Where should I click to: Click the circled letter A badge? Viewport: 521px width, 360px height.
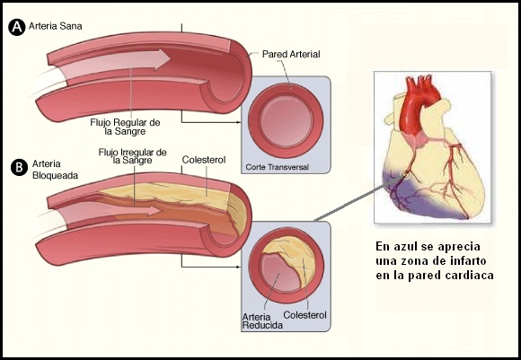click(16, 27)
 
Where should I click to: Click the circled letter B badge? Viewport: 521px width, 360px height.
click(19, 167)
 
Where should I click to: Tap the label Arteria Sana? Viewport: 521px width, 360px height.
click(55, 26)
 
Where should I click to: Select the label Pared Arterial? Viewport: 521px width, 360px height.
click(291, 54)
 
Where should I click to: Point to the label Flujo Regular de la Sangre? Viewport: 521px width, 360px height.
click(125, 127)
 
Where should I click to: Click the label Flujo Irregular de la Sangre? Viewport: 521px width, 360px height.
click(133, 156)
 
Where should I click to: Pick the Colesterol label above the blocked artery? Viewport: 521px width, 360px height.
click(204, 160)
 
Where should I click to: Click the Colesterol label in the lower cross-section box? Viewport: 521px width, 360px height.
click(305, 315)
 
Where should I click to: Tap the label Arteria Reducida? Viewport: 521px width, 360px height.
click(262, 321)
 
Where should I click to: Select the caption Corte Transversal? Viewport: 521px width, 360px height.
click(277, 167)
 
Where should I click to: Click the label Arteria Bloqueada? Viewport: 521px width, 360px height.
click(55, 170)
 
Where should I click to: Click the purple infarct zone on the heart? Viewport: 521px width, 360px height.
click(419, 199)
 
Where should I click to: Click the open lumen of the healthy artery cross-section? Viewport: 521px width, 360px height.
click(286, 120)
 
